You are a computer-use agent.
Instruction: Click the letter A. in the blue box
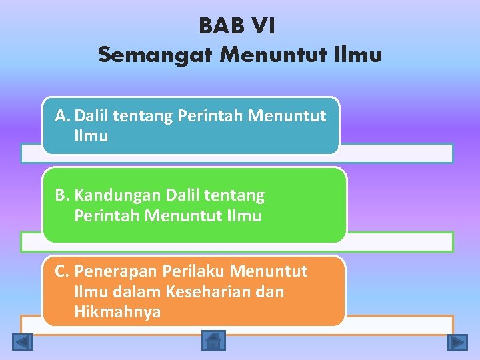pyautogui.click(x=63, y=117)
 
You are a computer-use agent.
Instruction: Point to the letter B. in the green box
pyautogui.click(x=63, y=195)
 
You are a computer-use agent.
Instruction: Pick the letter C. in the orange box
pyautogui.click(x=63, y=271)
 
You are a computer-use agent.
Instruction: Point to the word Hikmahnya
pyautogui.click(x=117, y=312)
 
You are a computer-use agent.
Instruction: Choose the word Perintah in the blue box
pyautogui.click(x=210, y=117)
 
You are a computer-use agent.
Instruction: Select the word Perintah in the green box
pyautogui.click(x=107, y=216)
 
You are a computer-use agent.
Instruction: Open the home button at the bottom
pyautogui.click(x=213, y=341)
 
